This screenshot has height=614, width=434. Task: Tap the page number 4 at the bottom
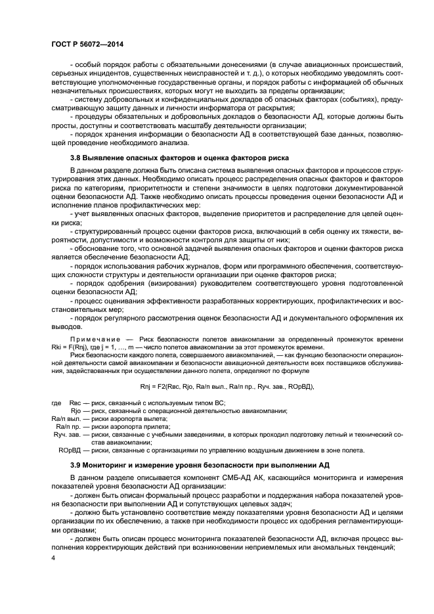(54, 558)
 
